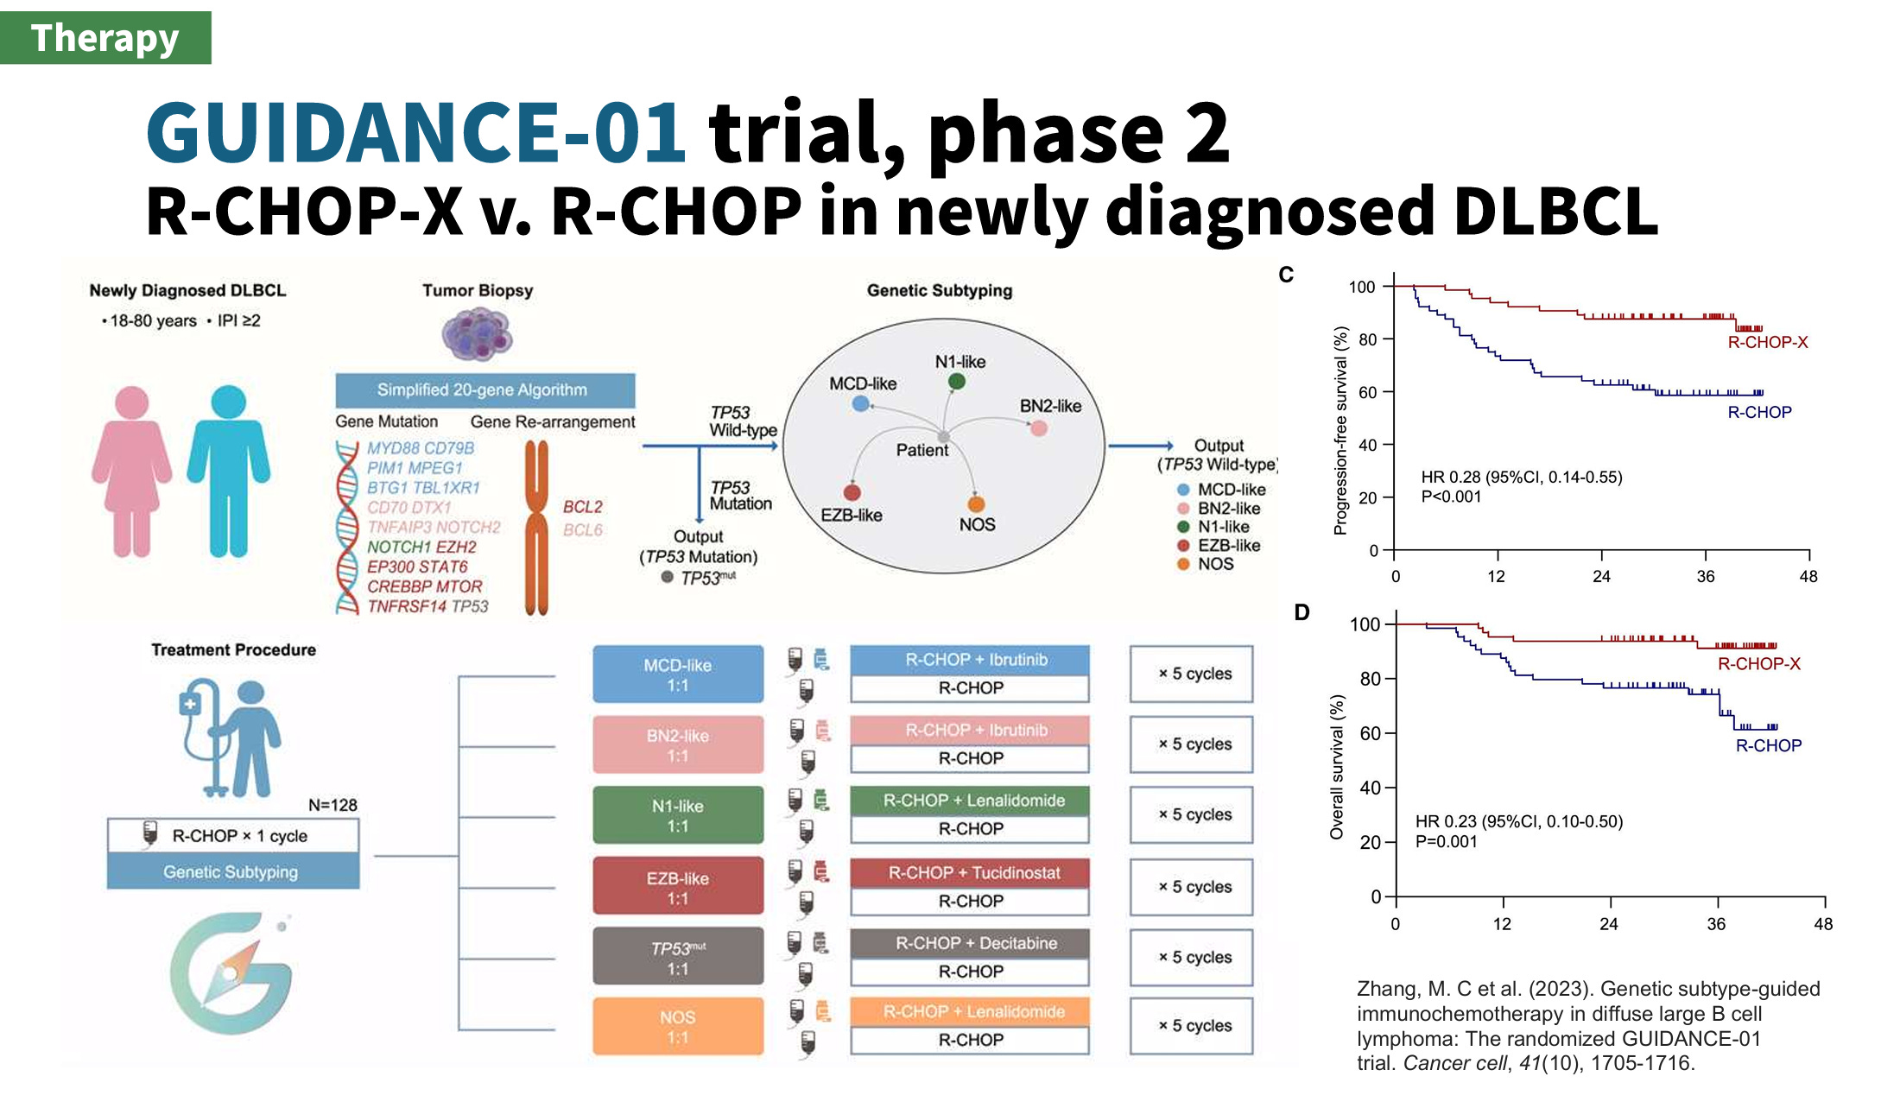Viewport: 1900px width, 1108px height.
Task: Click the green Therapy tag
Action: tap(104, 38)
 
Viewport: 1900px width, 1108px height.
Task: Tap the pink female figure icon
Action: tap(131, 472)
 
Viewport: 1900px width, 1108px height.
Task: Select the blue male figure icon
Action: tap(229, 472)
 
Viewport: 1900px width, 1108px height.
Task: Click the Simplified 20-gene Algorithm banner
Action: tap(484, 390)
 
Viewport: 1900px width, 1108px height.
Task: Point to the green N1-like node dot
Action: tap(956, 381)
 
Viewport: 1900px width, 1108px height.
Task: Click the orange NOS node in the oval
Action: tap(976, 504)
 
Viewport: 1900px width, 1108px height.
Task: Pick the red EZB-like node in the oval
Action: tap(852, 492)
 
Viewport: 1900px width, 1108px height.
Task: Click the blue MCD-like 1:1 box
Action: tap(678, 674)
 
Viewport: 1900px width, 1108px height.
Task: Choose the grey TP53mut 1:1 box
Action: tap(678, 957)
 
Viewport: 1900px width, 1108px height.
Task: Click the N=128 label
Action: tap(332, 805)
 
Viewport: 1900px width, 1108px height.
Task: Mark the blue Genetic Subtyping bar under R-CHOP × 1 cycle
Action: tap(231, 872)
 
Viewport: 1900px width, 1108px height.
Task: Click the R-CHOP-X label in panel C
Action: tap(1767, 342)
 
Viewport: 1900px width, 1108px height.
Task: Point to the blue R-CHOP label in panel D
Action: tap(1768, 745)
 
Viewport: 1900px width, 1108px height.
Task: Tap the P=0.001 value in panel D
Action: tap(1447, 841)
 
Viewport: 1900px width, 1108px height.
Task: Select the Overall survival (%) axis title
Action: tap(1337, 767)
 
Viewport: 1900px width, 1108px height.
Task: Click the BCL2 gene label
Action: tap(583, 507)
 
